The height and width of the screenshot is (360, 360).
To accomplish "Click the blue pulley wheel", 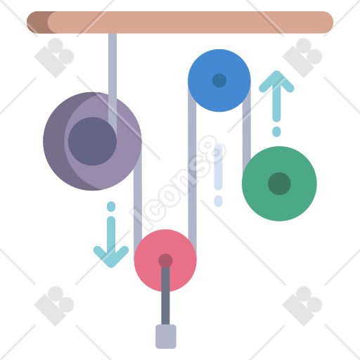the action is (219, 80).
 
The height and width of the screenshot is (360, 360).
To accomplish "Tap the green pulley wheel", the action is (279, 184).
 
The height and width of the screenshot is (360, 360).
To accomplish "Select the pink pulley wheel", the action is (165, 260).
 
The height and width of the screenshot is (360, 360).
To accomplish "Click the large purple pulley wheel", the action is (92, 141).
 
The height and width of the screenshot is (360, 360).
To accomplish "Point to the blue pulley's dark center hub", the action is (219, 80).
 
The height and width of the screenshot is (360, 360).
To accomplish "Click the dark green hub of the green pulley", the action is (279, 184).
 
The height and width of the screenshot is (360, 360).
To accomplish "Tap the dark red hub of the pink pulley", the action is (165, 260).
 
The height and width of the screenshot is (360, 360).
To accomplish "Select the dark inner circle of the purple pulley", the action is (92, 141).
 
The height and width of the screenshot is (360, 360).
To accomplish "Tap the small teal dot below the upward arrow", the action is (276, 131).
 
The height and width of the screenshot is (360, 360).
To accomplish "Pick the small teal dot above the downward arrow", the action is (111, 206).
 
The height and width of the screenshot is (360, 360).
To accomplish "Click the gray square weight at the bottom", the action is (166, 336).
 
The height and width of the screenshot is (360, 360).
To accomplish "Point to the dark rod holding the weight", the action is (165, 295).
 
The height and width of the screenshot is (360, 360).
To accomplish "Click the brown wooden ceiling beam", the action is (180, 22).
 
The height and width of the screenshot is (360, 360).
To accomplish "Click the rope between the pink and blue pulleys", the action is (192, 169).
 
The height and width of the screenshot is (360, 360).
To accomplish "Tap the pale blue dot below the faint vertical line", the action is (218, 201).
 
